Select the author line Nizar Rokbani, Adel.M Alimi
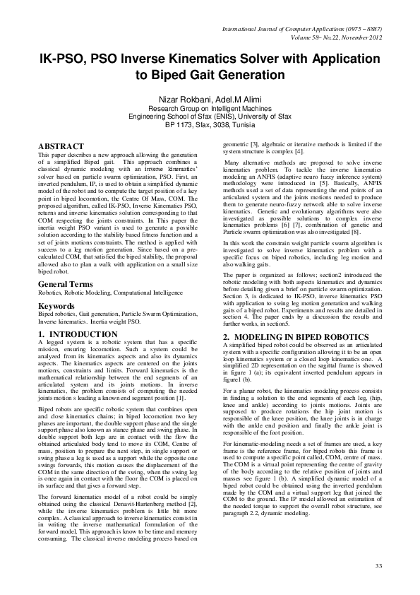(210, 98)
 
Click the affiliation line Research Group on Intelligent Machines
(210, 109)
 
